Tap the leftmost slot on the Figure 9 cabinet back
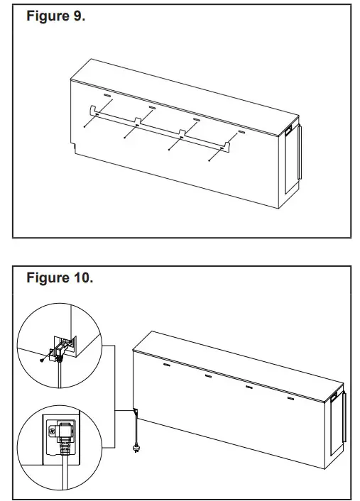tap(107, 94)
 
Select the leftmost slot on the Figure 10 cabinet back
tap(167, 365)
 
